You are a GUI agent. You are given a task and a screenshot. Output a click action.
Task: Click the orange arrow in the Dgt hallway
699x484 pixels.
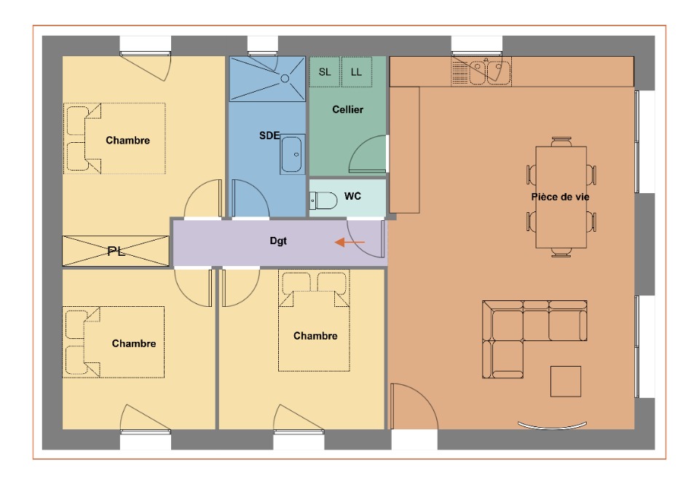click(349, 242)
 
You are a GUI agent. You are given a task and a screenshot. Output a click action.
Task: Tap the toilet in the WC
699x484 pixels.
click(323, 200)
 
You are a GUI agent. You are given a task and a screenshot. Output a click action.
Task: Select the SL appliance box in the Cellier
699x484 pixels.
click(325, 71)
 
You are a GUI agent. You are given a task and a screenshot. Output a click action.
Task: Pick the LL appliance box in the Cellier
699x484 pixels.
click(356, 71)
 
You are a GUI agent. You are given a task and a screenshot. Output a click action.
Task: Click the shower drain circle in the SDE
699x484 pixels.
click(285, 79)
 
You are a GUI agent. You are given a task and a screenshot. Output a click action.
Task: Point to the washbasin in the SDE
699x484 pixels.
click(292, 155)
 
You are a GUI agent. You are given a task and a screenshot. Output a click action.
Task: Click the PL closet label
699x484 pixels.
click(116, 251)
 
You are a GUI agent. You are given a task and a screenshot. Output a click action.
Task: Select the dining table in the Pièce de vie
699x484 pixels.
click(561, 197)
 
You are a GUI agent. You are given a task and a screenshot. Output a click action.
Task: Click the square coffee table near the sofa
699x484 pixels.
click(566, 381)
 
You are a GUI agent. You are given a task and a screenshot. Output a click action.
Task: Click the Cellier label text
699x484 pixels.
click(348, 109)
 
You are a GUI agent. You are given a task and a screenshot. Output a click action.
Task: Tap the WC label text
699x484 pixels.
click(352, 196)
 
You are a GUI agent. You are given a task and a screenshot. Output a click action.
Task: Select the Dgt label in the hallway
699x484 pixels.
click(278, 241)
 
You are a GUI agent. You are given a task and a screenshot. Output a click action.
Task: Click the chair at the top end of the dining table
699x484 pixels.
click(561, 141)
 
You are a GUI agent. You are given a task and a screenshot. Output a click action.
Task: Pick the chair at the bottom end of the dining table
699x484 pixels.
click(561, 252)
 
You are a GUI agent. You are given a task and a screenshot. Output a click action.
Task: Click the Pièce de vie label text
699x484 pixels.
click(561, 197)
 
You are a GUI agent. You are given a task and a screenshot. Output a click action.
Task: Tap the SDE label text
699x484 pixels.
click(269, 135)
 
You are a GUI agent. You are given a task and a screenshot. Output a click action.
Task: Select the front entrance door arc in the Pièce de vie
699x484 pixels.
click(424, 397)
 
